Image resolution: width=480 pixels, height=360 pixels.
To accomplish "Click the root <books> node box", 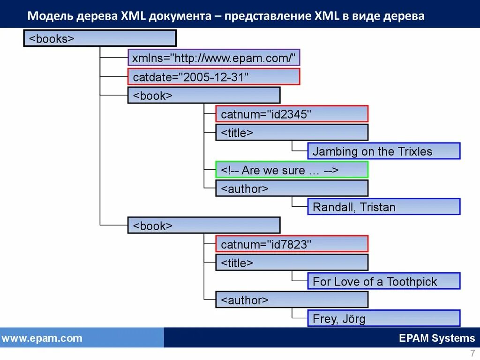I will click(x=100, y=38).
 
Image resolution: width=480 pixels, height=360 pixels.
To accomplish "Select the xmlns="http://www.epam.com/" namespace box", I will click(x=214, y=58).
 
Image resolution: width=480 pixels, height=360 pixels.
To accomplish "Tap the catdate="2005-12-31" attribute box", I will click(x=214, y=77).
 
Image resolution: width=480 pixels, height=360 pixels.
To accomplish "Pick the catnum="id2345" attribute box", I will click(x=292, y=114).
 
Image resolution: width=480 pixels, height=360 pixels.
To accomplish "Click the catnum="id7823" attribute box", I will click(x=292, y=244).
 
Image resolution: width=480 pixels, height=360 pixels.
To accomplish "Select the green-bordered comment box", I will click(x=292, y=170).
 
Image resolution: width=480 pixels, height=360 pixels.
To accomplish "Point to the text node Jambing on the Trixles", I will click(x=383, y=151).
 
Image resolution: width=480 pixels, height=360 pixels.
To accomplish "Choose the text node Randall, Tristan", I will click(x=383, y=207).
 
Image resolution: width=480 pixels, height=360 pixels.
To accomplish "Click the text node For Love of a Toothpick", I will click(x=383, y=281).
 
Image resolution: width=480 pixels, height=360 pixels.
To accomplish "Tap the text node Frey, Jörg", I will click(x=383, y=319).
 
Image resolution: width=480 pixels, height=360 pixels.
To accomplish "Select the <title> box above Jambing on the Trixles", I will click(x=292, y=133).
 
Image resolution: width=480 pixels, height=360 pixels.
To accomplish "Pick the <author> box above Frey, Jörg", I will click(x=292, y=300).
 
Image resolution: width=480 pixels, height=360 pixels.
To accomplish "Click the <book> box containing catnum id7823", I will click(x=204, y=225).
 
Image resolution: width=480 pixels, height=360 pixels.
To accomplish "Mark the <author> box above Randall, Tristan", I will click(x=292, y=188).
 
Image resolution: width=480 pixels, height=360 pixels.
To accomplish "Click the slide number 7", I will click(x=472, y=353).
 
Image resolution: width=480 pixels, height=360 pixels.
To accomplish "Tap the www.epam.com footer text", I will click(x=42, y=338).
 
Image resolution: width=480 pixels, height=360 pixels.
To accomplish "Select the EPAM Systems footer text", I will click(x=437, y=338).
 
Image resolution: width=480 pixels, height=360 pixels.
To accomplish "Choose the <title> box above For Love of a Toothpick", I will click(x=292, y=262).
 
